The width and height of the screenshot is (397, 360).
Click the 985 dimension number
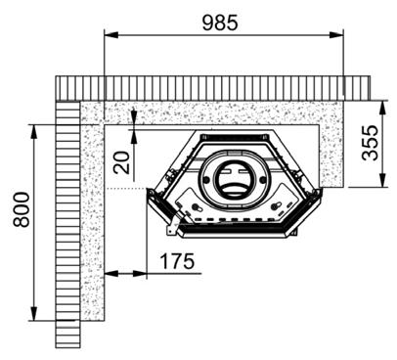pyautogui.click(x=220, y=22)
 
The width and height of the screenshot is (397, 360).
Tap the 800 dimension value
pyautogui.click(x=22, y=209)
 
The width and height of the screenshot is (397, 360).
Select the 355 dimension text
pyautogui.click(x=371, y=143)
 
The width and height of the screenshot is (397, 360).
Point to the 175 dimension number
pyautogui.click(x=177, y=261)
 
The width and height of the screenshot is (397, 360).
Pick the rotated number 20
pyautogui.click(x=121, y=162)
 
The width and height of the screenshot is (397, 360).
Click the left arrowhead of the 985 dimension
pyautogui.click(x=110, y=34)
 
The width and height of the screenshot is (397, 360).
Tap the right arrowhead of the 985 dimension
pyautogui.click(x=336, y=34)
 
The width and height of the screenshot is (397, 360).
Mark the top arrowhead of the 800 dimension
pyautogui.click(x=34, y=132)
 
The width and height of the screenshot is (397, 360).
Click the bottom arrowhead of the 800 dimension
pyautogui.click(x=34, y=314)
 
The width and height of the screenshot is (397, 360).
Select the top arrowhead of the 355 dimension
pyautogui.click(x=383, y=108)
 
